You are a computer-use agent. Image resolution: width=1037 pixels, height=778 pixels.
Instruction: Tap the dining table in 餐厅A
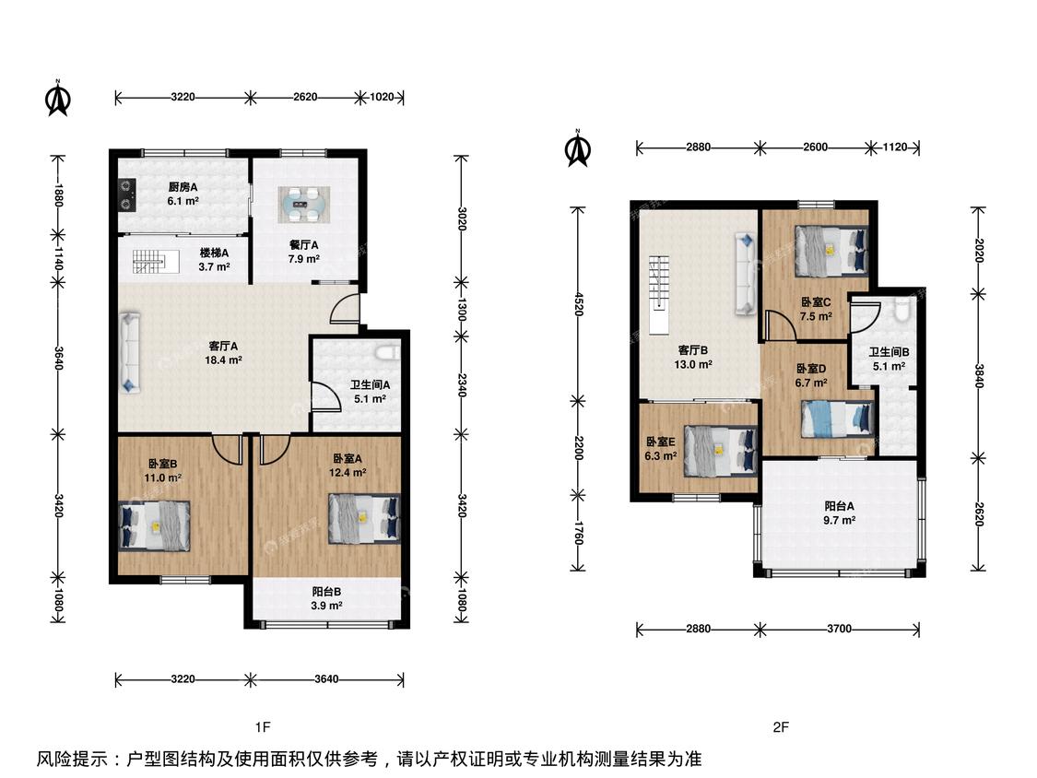coord(303,205)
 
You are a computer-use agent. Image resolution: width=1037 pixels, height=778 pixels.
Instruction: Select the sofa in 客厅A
coord(130,353)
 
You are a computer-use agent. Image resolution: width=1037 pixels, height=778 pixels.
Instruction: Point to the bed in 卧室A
coord(364,519)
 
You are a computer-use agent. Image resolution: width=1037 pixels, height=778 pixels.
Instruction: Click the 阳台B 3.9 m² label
coord(326,598)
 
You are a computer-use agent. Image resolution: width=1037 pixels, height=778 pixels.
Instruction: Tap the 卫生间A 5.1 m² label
coord(370,392)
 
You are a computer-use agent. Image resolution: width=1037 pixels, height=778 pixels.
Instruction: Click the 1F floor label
coord(263,727)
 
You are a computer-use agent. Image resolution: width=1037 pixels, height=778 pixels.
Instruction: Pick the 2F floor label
coord(781,727)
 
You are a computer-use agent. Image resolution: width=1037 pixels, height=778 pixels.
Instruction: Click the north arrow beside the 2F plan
coord(578,147)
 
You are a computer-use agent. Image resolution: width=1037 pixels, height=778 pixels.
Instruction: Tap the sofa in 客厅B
coord(746,273)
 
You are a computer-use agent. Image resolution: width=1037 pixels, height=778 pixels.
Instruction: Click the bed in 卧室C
coord(831,251)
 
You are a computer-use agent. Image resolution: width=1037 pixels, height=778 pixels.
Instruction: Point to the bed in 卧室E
coord(720,451)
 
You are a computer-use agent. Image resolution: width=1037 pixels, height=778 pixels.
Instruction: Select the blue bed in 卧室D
coord(837,419)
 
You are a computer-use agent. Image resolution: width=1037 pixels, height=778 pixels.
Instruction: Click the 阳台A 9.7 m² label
coord(839,513)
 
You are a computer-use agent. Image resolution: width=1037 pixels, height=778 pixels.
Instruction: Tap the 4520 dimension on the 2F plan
coord(578,303)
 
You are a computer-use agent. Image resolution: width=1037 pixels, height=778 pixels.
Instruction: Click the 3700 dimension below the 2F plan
coord(839,629)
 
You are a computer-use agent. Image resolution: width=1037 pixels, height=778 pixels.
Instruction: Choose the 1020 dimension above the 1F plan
coord(382,98)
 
